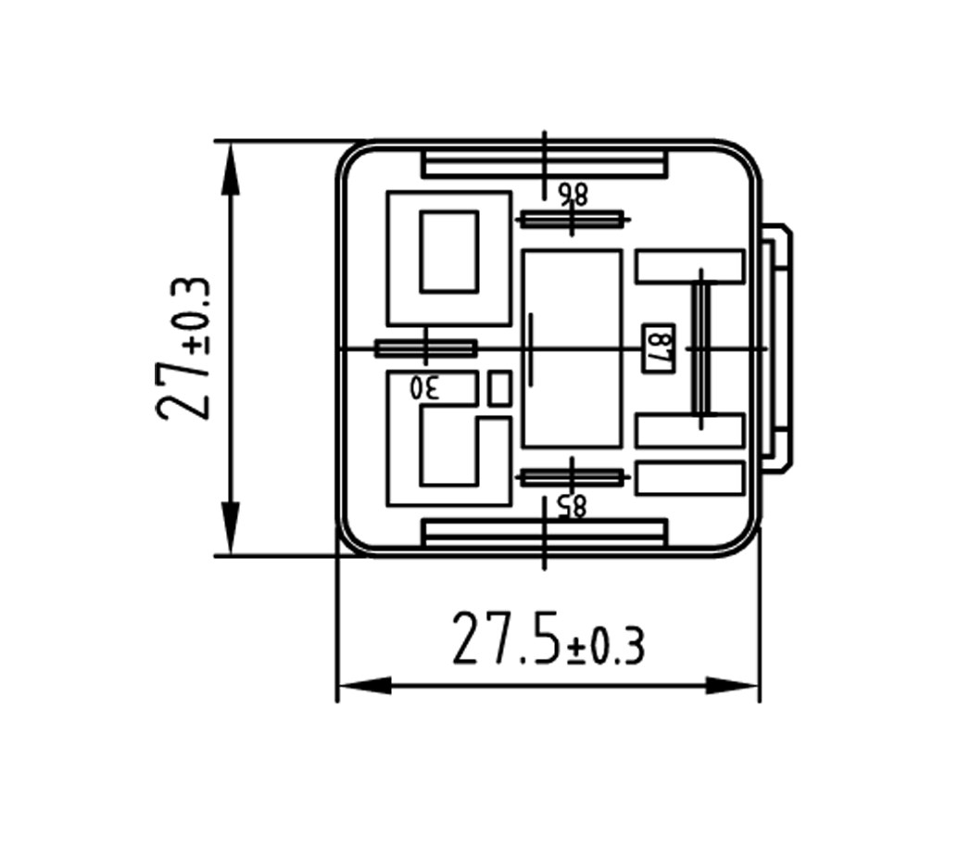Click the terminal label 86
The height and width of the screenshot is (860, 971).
(573, 194)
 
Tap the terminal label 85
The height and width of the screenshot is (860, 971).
(573, 505)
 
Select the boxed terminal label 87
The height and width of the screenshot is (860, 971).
(658, 348)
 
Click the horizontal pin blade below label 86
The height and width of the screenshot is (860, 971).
(571, 220)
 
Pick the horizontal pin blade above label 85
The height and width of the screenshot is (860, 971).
(571, 477)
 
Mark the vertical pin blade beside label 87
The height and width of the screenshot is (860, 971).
(701, 348)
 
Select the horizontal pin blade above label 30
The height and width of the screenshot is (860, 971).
(425, 348)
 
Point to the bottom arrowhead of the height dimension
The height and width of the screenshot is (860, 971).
(231, 528)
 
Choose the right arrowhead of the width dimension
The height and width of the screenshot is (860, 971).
(734, 687)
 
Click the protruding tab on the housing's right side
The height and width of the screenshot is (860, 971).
(777, 348)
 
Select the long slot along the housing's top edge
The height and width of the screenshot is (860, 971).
(544, 163)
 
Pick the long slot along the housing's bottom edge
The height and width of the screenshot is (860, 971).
(544, 533)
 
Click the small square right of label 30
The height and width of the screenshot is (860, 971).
(499, 388)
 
